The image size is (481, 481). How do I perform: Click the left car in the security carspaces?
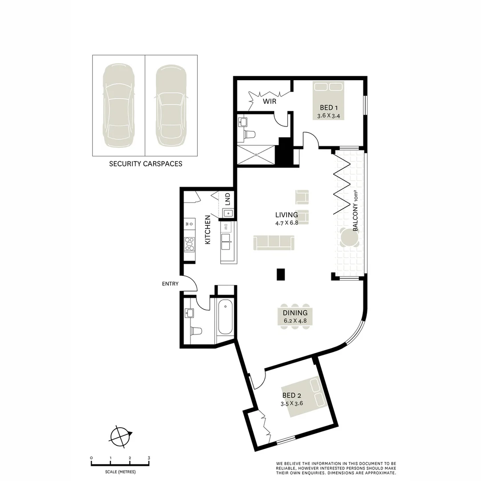click(x=118, y=106)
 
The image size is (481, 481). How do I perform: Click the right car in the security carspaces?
click(x=171, y=106)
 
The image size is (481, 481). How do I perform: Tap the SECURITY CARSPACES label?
click(x=146, y=164)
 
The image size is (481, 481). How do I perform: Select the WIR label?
click(x=269, y=102)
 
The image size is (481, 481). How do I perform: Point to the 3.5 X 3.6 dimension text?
click(x=292, y=404)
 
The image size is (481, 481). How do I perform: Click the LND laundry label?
click(x=227, y=197)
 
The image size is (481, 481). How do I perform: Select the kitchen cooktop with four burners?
click(x=189, y=245)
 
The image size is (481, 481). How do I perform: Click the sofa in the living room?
click(x=274, y=243)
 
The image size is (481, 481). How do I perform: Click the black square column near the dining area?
click(x=281, y=274)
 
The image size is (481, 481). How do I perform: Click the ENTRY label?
click(x=170, y=284)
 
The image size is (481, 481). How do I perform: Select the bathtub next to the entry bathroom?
click(x=225, y=317)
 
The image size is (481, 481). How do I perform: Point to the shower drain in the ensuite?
click(x=257, y=155)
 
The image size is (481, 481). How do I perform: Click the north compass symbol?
click(x=121, y=435)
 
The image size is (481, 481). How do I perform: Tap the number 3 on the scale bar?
click(x=149, y=458)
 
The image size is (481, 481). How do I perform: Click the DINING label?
click(x=295, y=313)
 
